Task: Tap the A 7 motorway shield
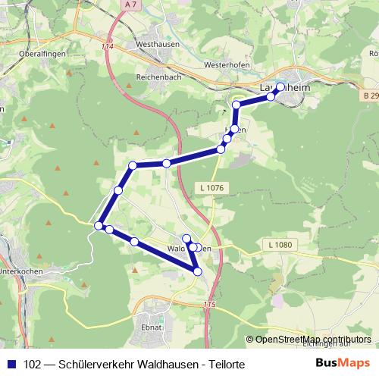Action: [131, 5]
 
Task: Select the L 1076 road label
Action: [215, 187]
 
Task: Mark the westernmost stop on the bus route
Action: [99, 225]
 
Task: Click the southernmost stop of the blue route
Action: [198, 271]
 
